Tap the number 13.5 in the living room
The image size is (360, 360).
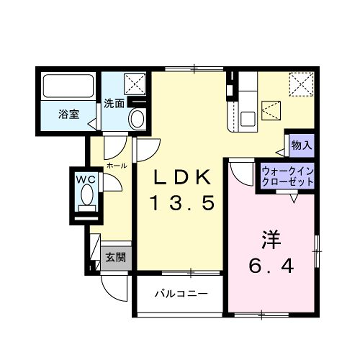182,204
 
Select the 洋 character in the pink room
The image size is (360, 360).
269,241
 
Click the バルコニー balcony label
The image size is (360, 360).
180,295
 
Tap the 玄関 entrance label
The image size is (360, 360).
115,257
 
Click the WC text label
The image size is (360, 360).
86,179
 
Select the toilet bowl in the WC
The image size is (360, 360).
86,198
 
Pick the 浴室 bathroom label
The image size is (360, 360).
68,113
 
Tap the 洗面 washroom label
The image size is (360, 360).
113,103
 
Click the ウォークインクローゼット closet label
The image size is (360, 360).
286,176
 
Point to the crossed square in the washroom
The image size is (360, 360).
131,83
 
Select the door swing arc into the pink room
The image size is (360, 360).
239,171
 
